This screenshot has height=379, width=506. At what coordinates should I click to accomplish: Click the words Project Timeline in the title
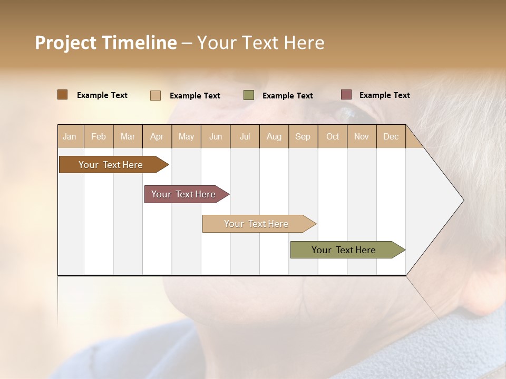(105, 43)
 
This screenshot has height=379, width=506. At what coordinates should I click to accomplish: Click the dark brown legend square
(62, 95)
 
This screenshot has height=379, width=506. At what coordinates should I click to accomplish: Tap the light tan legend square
(155, 95)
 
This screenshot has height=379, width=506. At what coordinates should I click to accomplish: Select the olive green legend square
(249, 95)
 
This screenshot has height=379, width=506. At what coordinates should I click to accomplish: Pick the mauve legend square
(346, 95)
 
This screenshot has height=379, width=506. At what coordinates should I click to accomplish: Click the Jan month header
(70, 136)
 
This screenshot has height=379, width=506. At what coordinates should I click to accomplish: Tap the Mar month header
(128, 136)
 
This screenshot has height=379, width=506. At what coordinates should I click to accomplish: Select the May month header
(186, 136)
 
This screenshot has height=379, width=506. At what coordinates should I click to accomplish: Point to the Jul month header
(245, 136)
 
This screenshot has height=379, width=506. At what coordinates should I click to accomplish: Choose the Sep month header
(303, 136)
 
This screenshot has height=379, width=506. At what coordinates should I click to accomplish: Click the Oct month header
(333, 136)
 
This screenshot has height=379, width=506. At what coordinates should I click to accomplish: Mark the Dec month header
(391, 136)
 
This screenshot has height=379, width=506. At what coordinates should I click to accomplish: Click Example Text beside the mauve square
(384, 95)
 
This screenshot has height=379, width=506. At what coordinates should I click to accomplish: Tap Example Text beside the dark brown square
(102, 95)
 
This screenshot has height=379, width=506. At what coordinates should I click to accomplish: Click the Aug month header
(274, 136)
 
